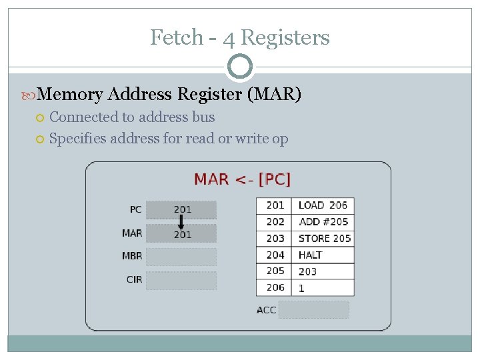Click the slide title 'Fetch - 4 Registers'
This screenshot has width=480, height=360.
click(x=239, y=37)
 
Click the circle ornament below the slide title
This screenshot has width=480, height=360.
click(x=240, y=67)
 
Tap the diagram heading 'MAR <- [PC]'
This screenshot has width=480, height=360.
click(x=242, y=179)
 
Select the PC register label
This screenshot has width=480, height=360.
click(x=135, y=209)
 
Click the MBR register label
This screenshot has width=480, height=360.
click(x=132, y=256)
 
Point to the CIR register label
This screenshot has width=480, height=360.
click(x=134, y=279)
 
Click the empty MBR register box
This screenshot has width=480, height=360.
click(x=181, y=257)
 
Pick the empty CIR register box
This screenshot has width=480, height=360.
click(x=181, y=280)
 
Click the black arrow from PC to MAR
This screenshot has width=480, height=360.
click(x=181, y=221)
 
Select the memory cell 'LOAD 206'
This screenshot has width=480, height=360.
click(x=323, y=205)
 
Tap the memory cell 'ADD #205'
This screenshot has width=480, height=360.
click(x=323, y=222)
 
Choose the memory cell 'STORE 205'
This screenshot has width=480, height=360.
click(x=325, y=239)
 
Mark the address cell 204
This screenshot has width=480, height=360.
click(x=275, y=255)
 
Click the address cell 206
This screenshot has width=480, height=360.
click(x=275, y=287)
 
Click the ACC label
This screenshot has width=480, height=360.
click(x=266, y=310)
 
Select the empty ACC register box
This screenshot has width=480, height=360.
click(x=314, y=309)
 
